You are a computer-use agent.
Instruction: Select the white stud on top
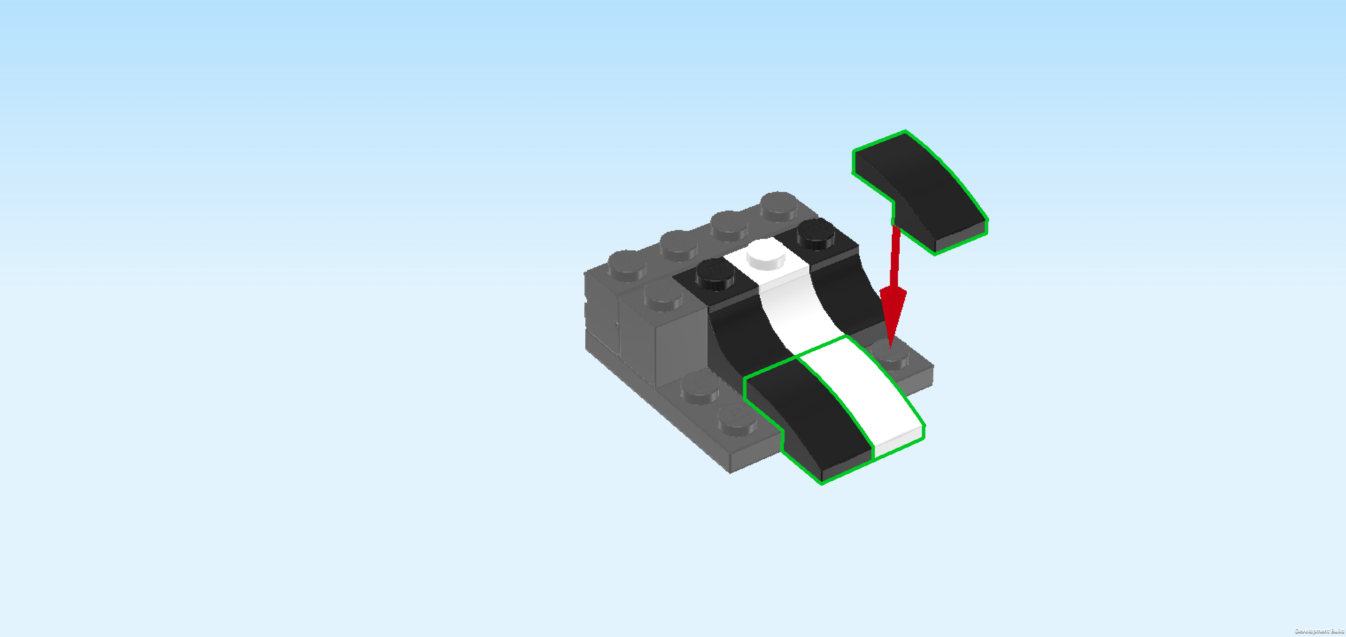click(766, 254)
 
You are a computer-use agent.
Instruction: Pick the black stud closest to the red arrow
click(816, 235)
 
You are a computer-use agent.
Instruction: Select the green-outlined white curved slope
click(862, 397)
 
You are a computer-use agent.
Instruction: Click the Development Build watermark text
click(1319, 631)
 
